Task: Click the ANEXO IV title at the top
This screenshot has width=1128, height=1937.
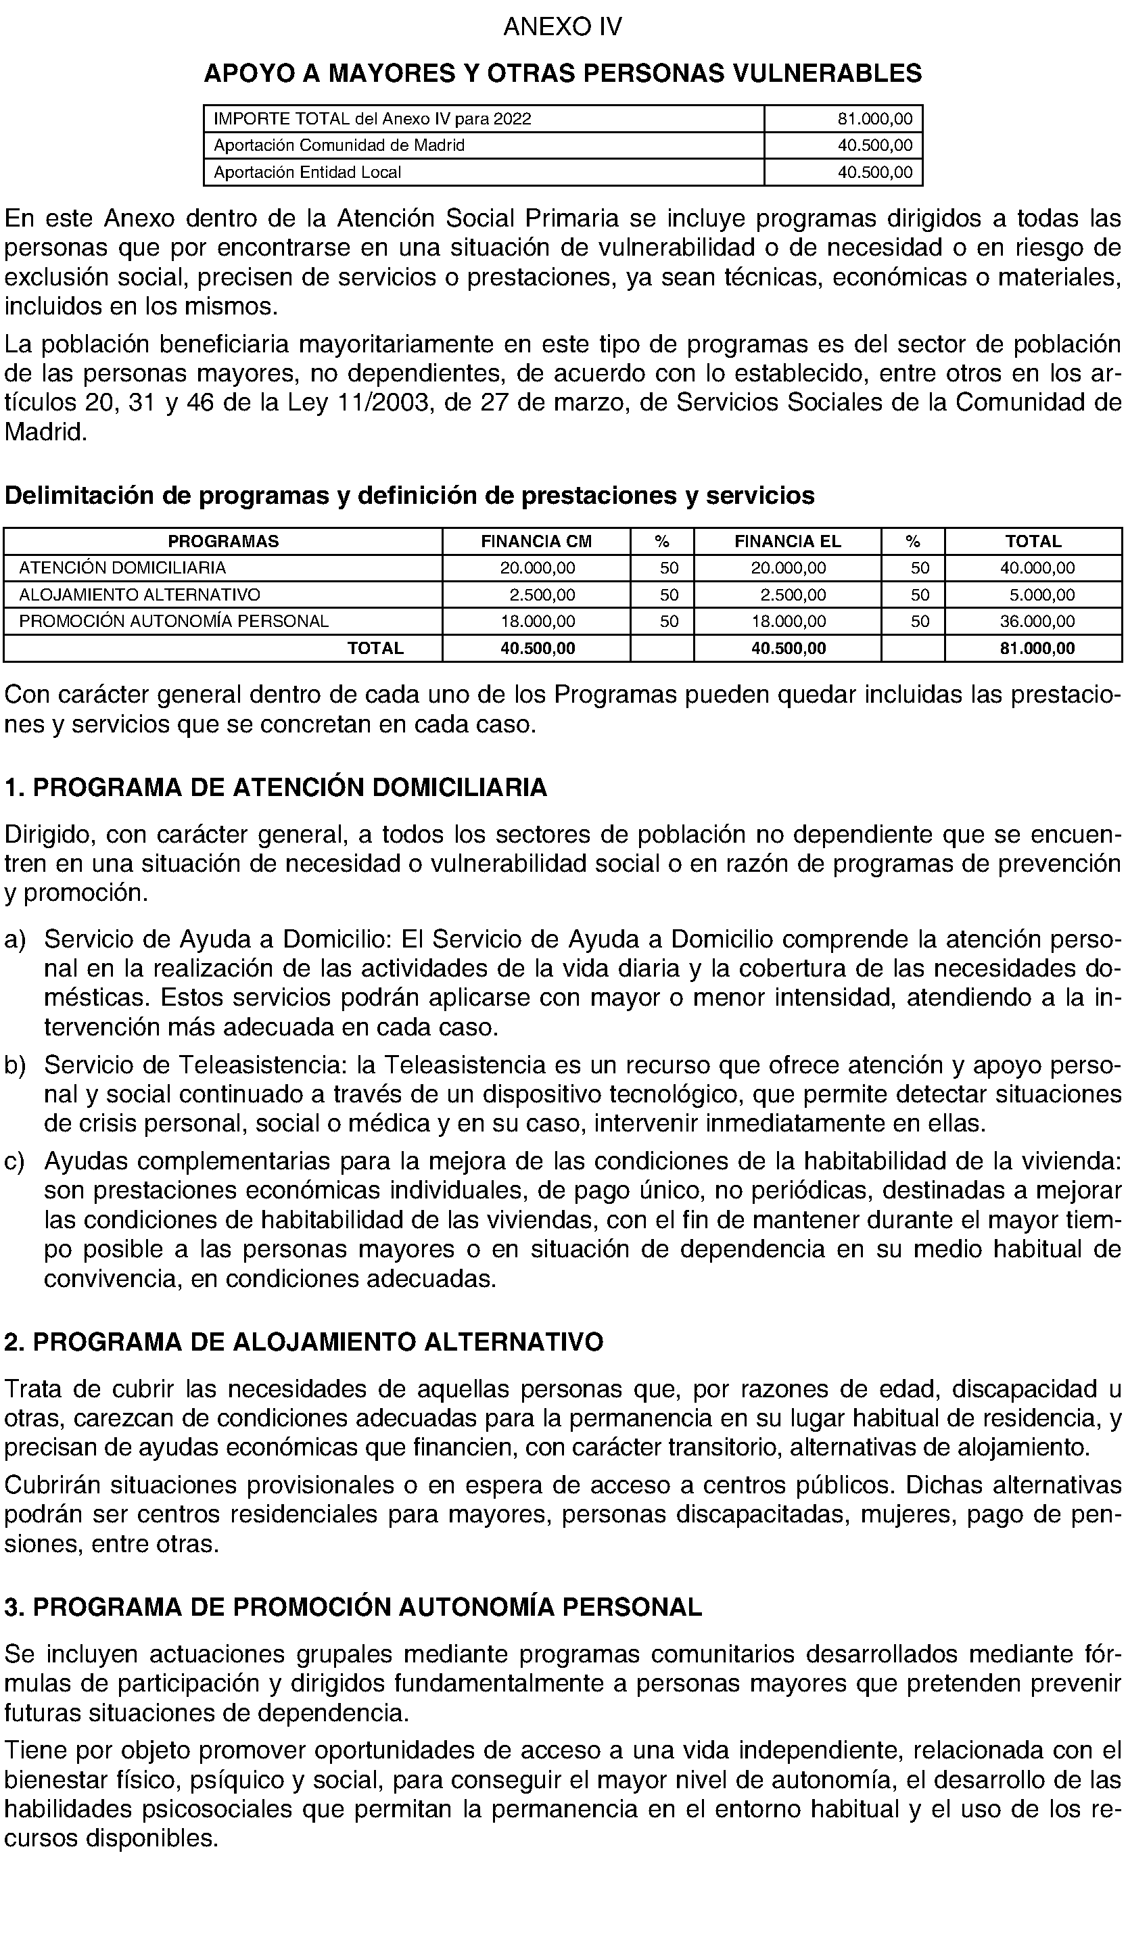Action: coord(563,28)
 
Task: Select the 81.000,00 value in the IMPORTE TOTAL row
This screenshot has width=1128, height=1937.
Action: coord(874,119)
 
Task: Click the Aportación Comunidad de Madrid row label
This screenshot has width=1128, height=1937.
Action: coord(339,145)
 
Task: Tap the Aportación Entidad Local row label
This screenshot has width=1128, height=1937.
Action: coord(307,172)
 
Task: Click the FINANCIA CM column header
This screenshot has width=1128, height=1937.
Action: coord(536,541)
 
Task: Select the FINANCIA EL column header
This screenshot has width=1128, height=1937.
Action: coord(788,541)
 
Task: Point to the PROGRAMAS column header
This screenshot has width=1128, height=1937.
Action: coord(223,541)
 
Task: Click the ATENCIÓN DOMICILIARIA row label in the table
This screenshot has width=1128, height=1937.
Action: coord(123,568)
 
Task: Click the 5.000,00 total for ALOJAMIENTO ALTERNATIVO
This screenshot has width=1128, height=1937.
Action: coord(1042,595)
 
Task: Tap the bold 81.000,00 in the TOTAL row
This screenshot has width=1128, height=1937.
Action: coord(1037,648)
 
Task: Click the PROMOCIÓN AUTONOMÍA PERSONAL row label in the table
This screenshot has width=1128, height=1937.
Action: coord(174,621)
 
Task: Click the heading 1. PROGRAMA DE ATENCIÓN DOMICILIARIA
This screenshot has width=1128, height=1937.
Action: coord(276,788)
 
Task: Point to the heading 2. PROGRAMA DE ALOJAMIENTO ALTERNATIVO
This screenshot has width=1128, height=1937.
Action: coord(304,1342)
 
